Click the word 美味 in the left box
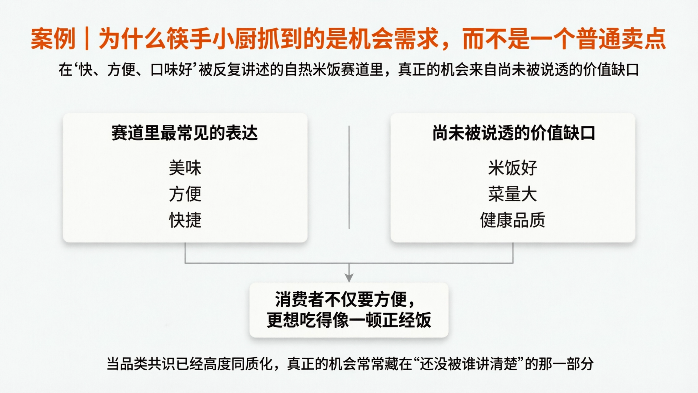(185, 168)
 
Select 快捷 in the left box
(185, 220)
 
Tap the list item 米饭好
(512, 168)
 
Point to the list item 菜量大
(512, 194)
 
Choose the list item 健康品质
(512, 220)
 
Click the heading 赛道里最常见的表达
(185, 133)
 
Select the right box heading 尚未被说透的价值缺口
(513, 133)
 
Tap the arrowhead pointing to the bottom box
(349, 278)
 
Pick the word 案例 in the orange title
(53, 39)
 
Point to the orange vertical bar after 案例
(87, 39)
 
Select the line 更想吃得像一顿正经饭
(349, 320)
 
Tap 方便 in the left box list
(185, 194)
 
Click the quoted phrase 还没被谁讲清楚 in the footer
(468, 364)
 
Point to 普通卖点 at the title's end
(622, 39)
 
